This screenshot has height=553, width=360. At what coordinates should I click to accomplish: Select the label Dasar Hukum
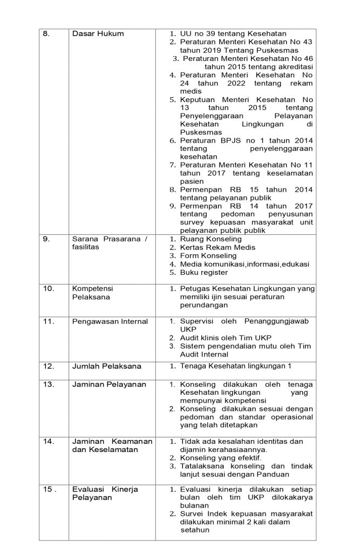[98, 33]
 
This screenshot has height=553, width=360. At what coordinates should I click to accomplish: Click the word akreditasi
[292, 66]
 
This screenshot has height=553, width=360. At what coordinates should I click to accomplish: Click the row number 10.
[49, 288]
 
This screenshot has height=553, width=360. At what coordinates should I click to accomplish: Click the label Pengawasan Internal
[110, 322]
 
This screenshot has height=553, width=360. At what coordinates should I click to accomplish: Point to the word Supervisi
[198, 321]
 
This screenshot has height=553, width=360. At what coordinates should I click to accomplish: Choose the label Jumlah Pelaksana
[107, 366]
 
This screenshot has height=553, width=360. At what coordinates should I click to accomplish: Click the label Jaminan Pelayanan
[110, 384]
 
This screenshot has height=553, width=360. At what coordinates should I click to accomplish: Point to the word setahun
[195, 530]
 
